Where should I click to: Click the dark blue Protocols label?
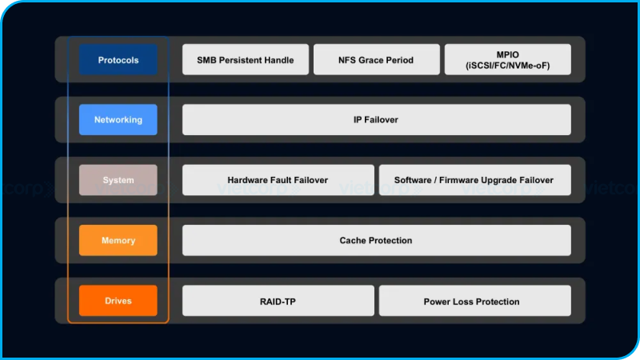[118, 60]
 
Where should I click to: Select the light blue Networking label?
[118, 120]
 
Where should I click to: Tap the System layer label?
[118, 180]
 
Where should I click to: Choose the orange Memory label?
[118, 240]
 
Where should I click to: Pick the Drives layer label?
[118, 301]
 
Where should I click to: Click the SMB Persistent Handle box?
[245, 60]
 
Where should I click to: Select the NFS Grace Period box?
[377, 60]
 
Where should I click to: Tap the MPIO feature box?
[507, 60]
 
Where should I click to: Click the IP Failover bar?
[376, 120]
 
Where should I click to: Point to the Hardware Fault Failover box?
[278, 180]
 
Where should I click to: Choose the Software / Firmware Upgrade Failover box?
[474, 180]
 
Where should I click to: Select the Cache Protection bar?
[376, 240]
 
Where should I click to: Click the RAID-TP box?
[278, 302]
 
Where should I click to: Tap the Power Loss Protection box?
[474, 302]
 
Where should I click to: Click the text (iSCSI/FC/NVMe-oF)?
[507, 66]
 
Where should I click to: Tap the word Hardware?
[250, 180]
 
